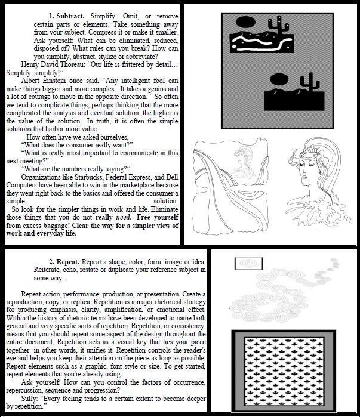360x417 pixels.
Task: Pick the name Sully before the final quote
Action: tap(31, 397)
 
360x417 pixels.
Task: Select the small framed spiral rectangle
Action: tap(245, 263)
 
